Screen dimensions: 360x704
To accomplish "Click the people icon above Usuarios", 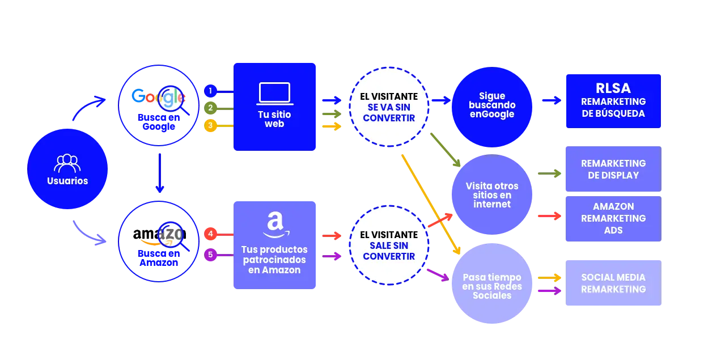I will [67, 163].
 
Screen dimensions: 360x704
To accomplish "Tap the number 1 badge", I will [210, 91].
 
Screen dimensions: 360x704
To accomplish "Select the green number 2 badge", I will [210, 108].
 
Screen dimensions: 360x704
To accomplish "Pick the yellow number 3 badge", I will [210, 125].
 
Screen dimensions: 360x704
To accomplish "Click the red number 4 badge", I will [210, 234].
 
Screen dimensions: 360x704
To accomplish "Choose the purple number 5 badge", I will [210, 255].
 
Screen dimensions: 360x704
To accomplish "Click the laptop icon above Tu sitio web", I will [274, 94].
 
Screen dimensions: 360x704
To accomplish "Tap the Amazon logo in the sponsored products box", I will [275, 225].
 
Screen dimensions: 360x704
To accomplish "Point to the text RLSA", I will [613, 88].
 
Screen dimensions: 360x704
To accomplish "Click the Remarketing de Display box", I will [613, 169].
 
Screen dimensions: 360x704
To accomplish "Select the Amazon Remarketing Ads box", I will [613, 218].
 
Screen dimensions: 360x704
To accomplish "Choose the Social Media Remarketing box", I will [613, 283].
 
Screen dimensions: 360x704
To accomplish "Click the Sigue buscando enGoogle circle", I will [491, 105].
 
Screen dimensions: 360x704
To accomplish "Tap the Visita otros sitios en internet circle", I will [491, 195].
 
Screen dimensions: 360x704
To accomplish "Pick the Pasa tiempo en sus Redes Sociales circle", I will [491, 286].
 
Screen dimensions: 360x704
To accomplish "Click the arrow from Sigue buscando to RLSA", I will [550, 100].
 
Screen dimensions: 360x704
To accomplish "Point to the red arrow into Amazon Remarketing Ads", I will [549, 215].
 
